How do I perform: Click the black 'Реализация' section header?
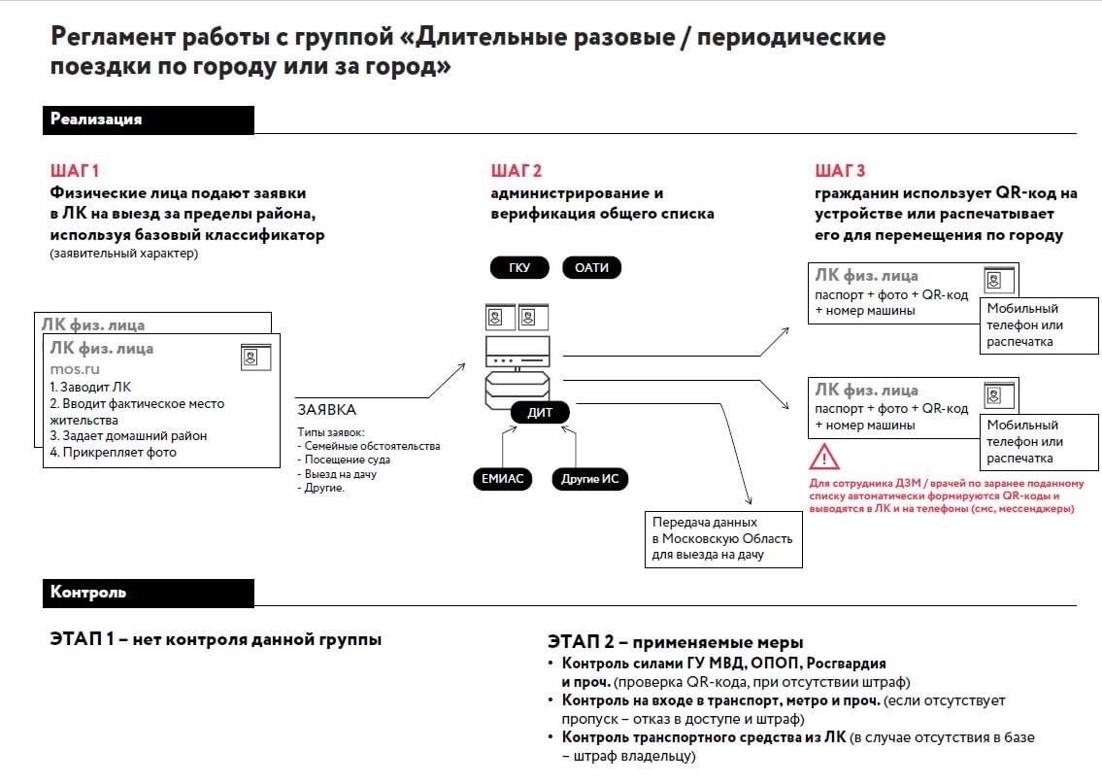click(x=148, y=119)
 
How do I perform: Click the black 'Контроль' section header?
click(x=148, y=593)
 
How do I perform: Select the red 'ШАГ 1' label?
click(x=75, y=171)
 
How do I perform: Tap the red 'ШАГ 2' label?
click(x=516, y=171)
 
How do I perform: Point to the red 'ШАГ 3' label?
click(x=840, y=171)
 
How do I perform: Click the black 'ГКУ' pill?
click(x=519, y=268)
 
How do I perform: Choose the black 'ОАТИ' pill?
click(x=591, y=268)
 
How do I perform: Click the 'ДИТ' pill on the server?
click(x=540, y=413)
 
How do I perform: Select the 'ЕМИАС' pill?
click(x=502, y=478)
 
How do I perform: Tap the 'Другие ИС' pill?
click(x=589, y=478)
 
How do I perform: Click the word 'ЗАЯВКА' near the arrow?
click(x=326, y=410)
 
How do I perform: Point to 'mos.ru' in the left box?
click(x=75, y=369)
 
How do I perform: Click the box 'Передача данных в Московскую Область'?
click(x=723, y=539)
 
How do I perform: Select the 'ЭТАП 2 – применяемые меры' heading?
click(x=675, y=642)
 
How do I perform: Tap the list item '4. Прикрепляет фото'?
click(x=113, y=452)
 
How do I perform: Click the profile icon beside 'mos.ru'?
click(x=255, y=357)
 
